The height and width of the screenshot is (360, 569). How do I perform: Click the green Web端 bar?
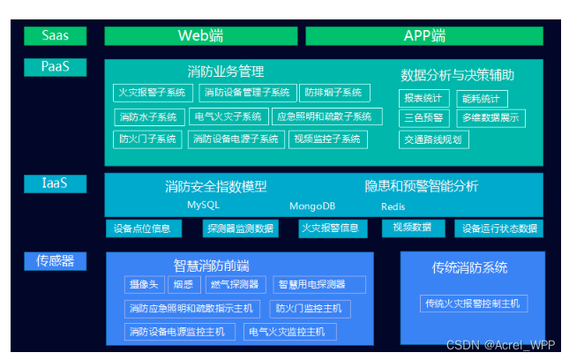201,36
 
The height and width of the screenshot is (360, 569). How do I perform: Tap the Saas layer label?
55,36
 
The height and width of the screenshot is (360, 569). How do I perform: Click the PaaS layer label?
55,67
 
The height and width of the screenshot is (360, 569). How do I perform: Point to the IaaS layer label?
55,184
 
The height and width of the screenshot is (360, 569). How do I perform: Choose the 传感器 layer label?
55,260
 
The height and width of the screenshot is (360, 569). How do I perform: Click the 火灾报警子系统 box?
153,93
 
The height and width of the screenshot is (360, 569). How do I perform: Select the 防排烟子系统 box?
333,93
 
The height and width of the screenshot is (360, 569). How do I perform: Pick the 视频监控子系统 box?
326,139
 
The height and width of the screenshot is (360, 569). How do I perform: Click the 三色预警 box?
423,117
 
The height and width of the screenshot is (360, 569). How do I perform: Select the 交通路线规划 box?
433,139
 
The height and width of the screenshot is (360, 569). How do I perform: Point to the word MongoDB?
312,206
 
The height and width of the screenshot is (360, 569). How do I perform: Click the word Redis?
393,206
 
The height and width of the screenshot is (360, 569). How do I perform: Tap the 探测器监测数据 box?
240,229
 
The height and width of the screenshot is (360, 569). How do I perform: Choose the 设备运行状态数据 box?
499,229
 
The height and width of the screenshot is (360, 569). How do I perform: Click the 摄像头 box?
143,284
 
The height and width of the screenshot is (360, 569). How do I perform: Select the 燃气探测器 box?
235,284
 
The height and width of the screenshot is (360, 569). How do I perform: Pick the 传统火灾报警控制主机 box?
473,304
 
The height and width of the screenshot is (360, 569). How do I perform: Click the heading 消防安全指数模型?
215,187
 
